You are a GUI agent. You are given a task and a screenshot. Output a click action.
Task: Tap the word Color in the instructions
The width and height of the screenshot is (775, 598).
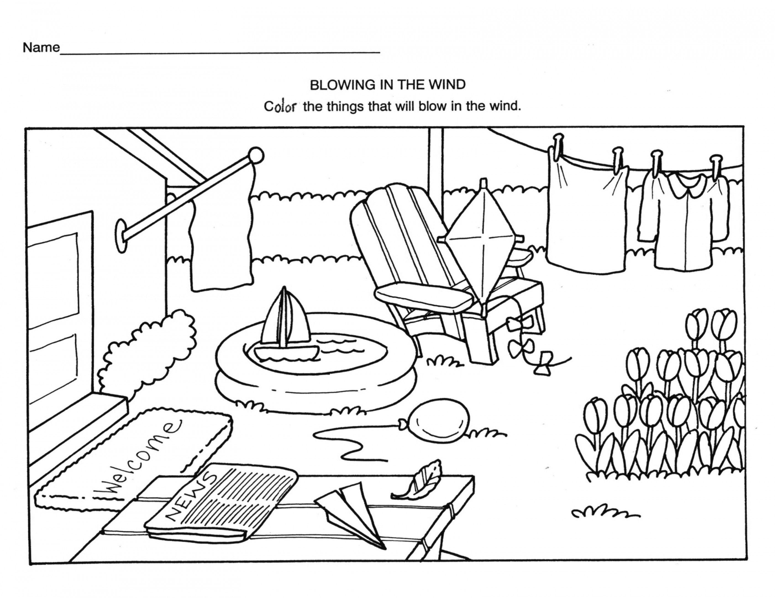[x=280, y=106]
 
